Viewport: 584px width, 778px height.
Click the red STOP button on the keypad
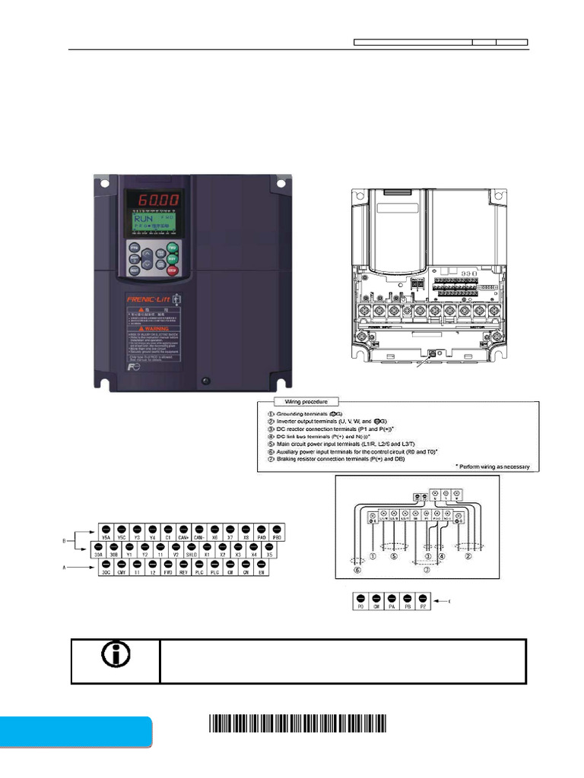coord(173,270)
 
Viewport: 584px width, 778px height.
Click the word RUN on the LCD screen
coord(138,217)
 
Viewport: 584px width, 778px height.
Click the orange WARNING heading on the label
coord(152,330)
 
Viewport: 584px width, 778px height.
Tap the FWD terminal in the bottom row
coord(168,567)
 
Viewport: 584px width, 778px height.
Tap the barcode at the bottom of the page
coord(297,723)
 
